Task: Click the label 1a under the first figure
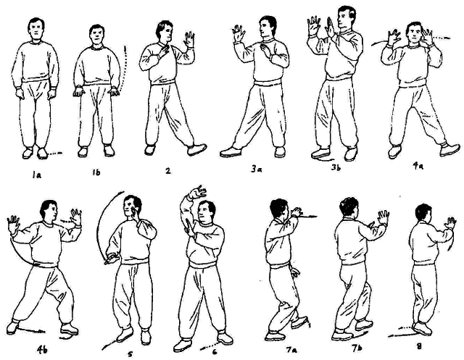[37, 175]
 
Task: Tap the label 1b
[96, 172]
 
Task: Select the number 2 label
[168, 170]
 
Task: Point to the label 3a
[256, 169]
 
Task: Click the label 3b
[337, 167]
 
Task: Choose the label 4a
[418, 166]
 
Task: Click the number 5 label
[130, 353]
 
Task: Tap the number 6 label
[215, 352]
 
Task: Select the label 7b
[357, 347]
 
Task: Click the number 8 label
[419, 346]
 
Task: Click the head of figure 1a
[36, 29]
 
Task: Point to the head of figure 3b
[346, 17]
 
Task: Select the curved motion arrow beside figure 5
[104, 225]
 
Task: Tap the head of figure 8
[423, 213]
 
